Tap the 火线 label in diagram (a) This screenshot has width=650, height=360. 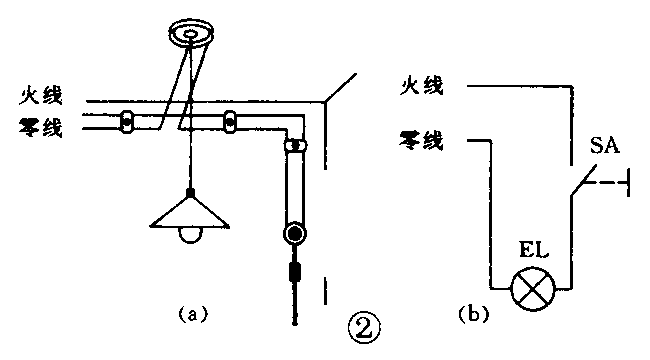click(x=43, y=99)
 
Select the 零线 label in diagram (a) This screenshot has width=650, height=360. click(x=43, y=126)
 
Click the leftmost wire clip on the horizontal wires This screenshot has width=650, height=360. click(x=127, y=121)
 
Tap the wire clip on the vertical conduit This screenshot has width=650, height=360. click(x=295, y=146)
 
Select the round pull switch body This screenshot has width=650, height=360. click(x=295, y=235)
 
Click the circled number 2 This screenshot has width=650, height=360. click(x=363, y=326)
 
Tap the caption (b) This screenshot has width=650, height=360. click(x=471, y=314)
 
